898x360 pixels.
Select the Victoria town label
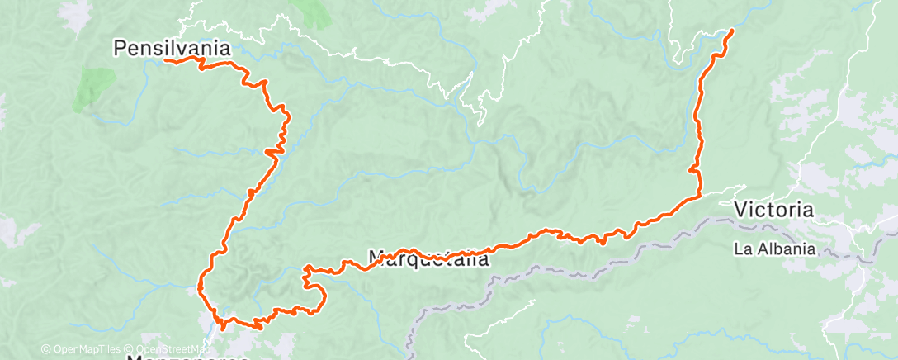click(773, 210)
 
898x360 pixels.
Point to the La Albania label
click(775, 248)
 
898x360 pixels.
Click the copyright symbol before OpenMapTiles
click(45, 349)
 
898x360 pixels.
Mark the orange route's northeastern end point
click(732, 31)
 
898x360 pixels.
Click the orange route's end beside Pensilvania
click(166, 60)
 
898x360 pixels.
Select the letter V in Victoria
click(741, 210)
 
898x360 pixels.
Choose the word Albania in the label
click(785, 248)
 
